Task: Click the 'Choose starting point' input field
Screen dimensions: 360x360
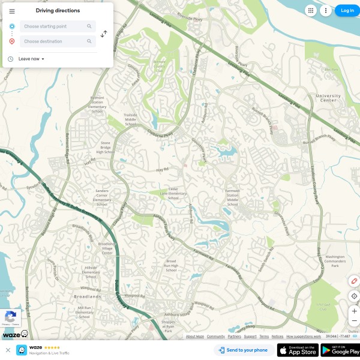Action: coord(54,26)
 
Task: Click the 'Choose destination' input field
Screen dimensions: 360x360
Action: coord(54,41)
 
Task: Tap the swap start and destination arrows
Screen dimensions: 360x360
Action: coord(104,34)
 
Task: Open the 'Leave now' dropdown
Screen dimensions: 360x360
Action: coord(31,59)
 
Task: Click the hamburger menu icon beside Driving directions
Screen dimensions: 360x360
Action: coord(12,11)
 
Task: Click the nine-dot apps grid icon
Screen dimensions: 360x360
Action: coord(310,10)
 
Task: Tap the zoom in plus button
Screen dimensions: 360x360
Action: coord(354,311)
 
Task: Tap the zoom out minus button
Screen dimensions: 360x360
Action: coord(354,320)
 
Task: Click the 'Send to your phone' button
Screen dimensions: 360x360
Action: coord(243,350)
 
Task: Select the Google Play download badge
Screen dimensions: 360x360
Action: coord(340,350)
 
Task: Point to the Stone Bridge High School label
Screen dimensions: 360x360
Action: coord(106,148)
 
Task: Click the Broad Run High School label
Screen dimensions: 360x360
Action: coord(171,265)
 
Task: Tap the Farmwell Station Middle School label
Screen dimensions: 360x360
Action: coord(232,197)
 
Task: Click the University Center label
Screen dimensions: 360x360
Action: coord(328,98)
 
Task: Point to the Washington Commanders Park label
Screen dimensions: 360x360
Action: coord(334,261)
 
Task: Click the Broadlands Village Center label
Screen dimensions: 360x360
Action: coord(106,248)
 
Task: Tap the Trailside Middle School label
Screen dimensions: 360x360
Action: coord(130,119)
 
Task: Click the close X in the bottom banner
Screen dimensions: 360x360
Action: coord(8,350)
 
